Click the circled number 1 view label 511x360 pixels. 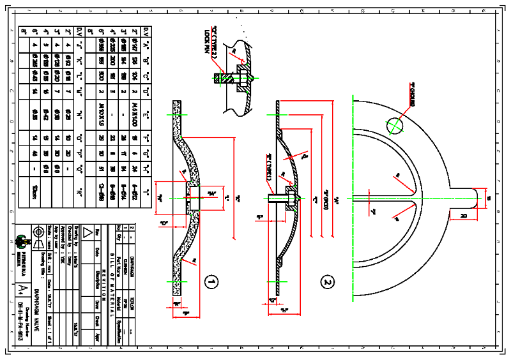(x=211, y=281)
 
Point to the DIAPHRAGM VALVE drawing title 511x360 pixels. (x=37, y=312)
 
